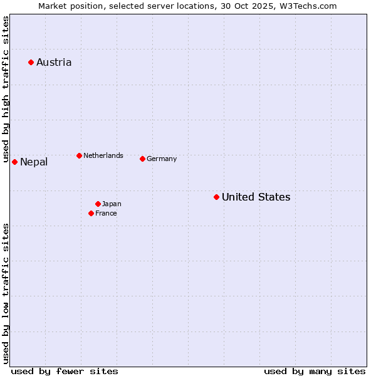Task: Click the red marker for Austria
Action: tap(31, 62)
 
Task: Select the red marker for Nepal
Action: tap(14, 162)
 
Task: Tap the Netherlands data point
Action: tap(79, 155)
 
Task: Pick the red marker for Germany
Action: tap(142, 159)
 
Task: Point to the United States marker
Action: tap(216, 197)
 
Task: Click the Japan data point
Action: tap(98, 204)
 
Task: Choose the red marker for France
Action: tap(91, 213)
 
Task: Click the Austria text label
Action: tap(54, 62)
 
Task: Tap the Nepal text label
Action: tap(34, 162)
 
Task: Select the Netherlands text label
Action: tap(103, 155)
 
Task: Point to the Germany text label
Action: tap(162, 159)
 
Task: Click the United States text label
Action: tap(256, 197)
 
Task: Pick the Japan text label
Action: tap(112, 204)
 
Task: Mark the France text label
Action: tap(106, 213)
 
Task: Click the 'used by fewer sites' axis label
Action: tap(65, 371)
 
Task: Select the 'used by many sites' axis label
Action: tap(315, 371)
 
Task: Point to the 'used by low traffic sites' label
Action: tap(6, 293)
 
